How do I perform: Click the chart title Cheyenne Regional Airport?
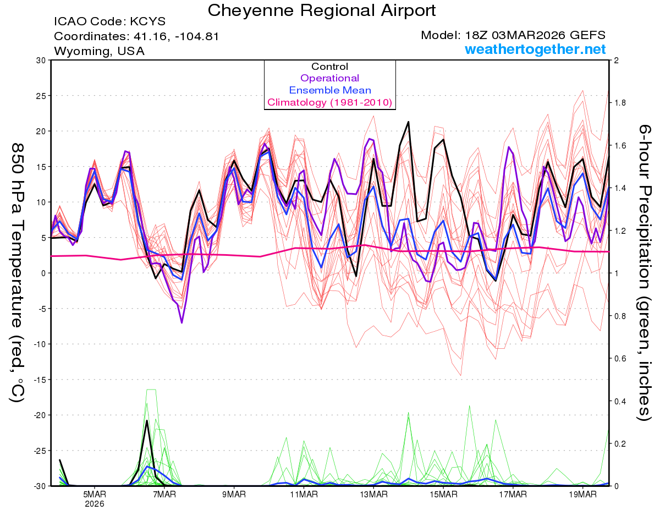[x=322, y=10]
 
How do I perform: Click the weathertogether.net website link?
[x=535, y=50]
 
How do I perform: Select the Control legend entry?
[x=329, y=67]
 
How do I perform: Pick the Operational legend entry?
[x=329, y=78]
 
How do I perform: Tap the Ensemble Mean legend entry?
[x=329, y=90]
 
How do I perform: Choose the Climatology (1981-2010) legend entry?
[x=329, y=102]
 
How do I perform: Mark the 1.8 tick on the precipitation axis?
[x=620, y=103]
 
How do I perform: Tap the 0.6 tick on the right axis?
[x=620, y=359]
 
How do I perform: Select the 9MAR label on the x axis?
[x=234, y=493]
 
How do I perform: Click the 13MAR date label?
[x=373, y=493]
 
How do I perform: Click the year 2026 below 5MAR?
[x=95, y=503]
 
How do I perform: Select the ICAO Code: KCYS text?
[x=109, y=22]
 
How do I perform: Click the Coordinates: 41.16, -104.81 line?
[x=136, y=37]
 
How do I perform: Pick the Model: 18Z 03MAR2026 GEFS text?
[x=513, y=35]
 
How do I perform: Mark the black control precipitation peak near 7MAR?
[x=147, y=421]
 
